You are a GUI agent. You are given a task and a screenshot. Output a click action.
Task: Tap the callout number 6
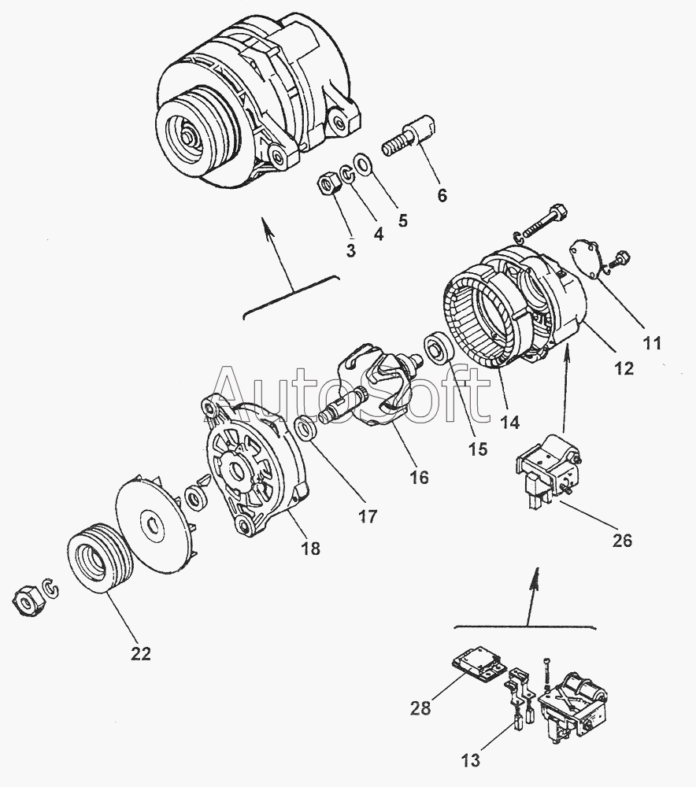[x=442, y=195]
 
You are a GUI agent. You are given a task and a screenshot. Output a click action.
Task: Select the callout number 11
[x=652, y=342]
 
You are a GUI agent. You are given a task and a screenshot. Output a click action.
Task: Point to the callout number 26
[x=621, y=541]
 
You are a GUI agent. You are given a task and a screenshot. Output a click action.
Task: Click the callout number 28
[x=420, y=708]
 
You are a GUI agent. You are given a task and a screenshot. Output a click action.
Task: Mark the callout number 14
[x=509, y=422]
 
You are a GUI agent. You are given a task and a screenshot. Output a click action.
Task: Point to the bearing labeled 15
[x=435, y=349]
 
